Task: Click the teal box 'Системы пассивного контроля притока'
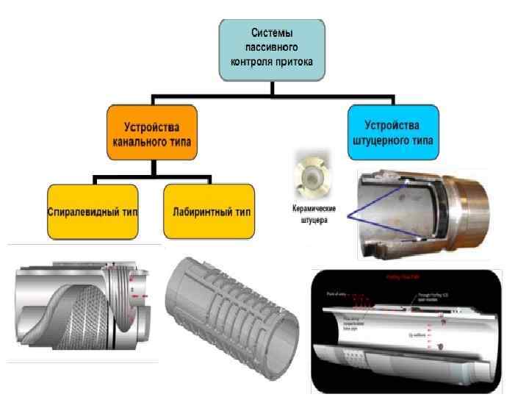pos(272,48)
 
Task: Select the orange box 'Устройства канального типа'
pos(152,132)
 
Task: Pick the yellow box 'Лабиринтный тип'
pos(209,212)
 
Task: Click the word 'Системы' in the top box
pos(272,32)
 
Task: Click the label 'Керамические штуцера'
pos(309,213)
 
